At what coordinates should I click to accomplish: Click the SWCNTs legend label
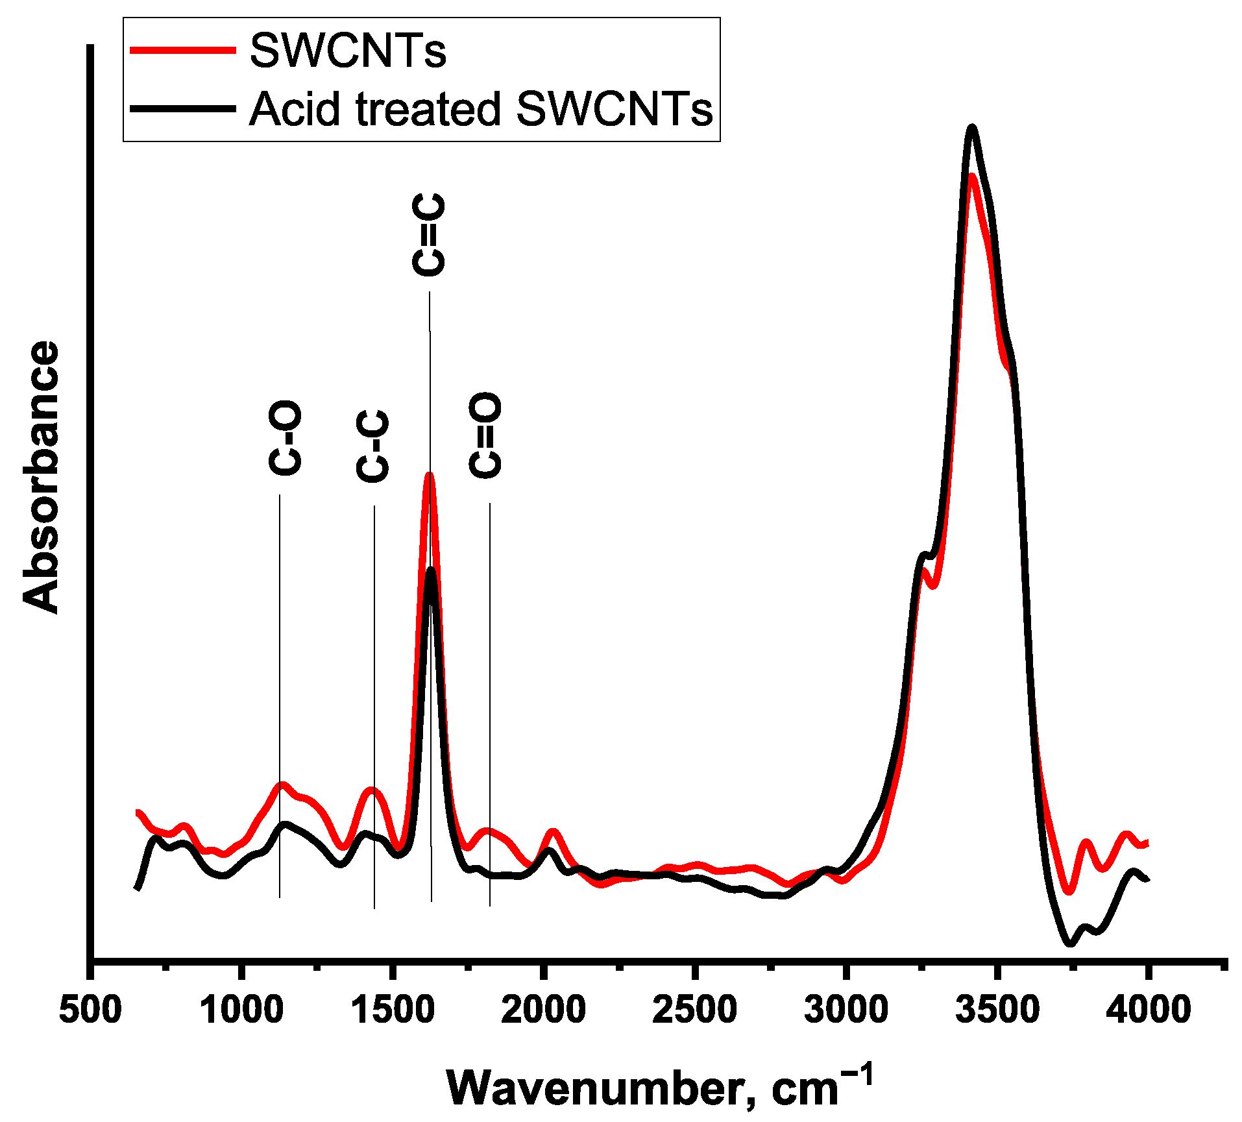click(x=348, y=51)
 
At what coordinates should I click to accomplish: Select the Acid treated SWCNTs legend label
click(x=481, y=108)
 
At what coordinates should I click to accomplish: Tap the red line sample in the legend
click(x=183, y=50)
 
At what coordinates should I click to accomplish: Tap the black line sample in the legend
click(x=183, y=108)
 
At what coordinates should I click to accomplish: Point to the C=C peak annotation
click(x=429, y=234)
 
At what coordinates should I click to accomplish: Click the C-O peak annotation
click(x=285, y=438)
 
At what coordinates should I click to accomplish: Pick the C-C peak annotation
click(x=373, y=446)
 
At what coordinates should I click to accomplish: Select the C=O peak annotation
click(x=485, y=435)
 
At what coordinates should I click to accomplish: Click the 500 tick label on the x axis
click(x=90, y=1010)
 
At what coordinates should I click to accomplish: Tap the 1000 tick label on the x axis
click(x=241, y=1010)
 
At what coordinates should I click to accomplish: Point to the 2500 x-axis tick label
click(x=694, y=1010)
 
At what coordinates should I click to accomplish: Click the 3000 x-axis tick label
click(x=846, y=1010)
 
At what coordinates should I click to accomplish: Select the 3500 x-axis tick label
click(x=997, y=1010)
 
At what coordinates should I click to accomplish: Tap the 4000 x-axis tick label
click(x=1148, y=1010)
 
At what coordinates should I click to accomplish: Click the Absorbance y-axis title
click(x=40, y=477)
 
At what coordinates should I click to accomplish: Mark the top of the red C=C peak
click(x=429, y=476)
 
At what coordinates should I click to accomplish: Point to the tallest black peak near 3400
click(x=971, y=127)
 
